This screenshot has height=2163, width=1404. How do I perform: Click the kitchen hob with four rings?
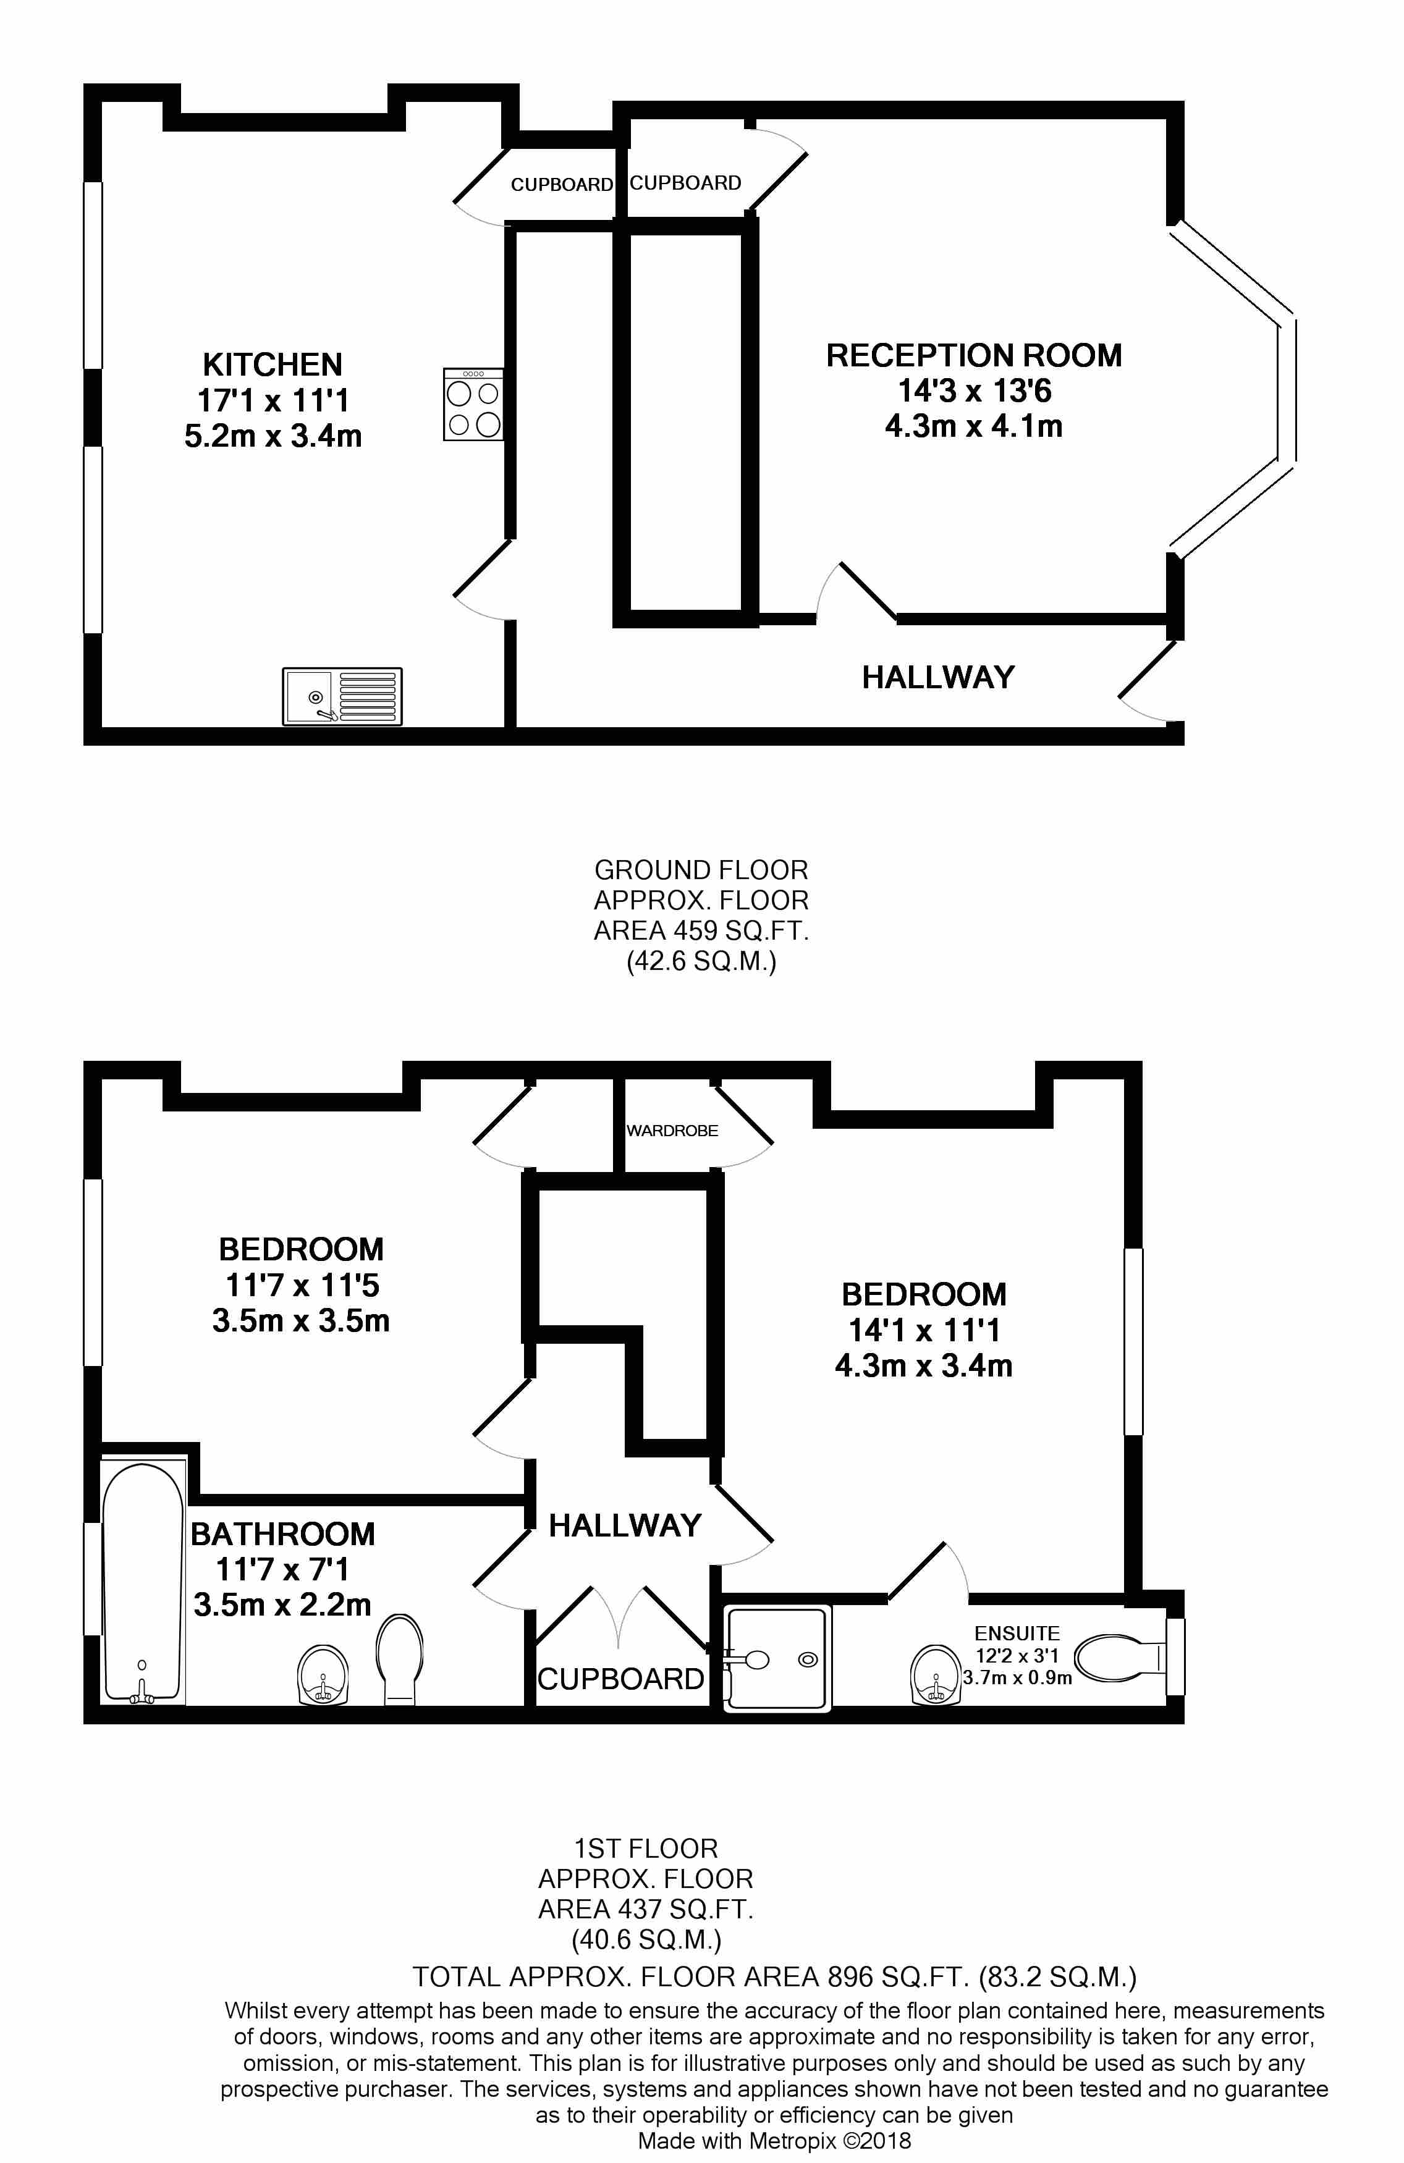pyautogui.click(x=473, y=405)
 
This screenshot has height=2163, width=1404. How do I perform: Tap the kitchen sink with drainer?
pyautogui.click(x=342, y=697)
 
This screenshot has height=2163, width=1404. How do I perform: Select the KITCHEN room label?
pyautogui.click(x=273, y=365)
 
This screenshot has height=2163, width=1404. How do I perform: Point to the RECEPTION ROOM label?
pyautogui.click(x=973, y=355)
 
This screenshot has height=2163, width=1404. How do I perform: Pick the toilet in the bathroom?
pyautogui.click(x=399, y=1659)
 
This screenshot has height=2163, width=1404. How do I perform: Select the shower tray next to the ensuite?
pyautogui.click(x=777, y=1659)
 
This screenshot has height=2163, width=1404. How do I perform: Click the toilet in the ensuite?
pyautogui.click(x=1120, y=1657)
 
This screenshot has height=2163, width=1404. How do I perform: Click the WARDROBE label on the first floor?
pyautogui.click(x=672, y=1131)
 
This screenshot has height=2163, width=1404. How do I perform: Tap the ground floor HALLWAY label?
pyautogui.click(x=938, y=677)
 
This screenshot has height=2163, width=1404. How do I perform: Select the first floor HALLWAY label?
pyautogui.click(x=625, y=1525)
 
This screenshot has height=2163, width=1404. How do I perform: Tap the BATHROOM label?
pyautogui.click(x=282, y=1533)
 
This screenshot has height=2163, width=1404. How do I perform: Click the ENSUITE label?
pyautogui.click(x=1017, y=1633)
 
